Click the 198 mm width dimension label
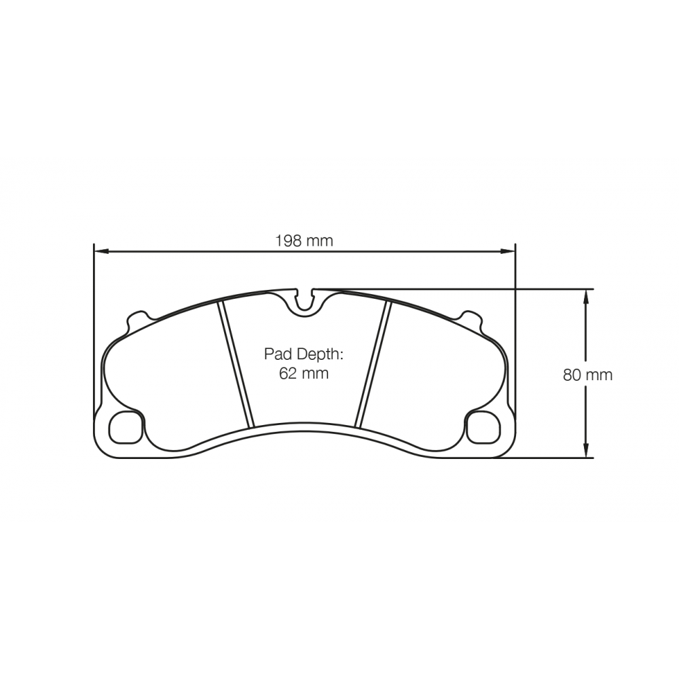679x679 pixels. point(304,240)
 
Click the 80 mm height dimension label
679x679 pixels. point(587,375)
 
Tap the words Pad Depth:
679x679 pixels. point(304,354)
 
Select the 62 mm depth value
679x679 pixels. point(304,373)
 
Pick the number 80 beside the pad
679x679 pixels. point(572,375)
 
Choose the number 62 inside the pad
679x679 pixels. point(288,373)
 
